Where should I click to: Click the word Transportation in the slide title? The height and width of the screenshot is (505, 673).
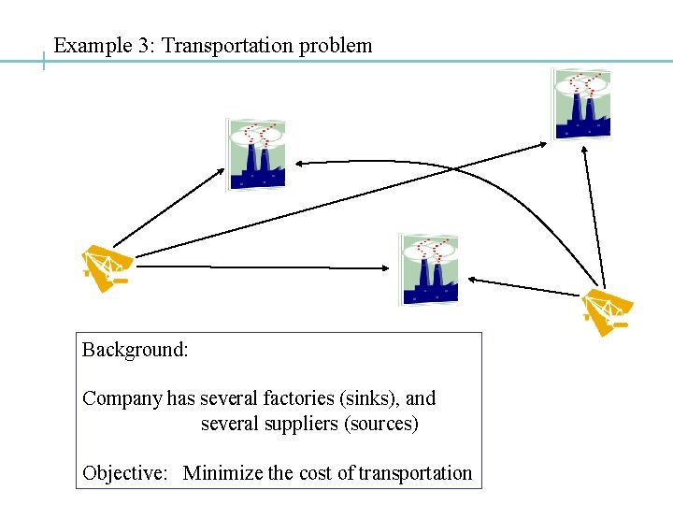(228, 45)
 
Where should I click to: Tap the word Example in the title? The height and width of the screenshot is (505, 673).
(90, 45)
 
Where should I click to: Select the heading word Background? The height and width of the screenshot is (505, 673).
(136, 350)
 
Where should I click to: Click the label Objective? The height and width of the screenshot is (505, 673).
(124, 473)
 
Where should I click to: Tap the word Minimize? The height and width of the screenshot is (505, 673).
(224, 473)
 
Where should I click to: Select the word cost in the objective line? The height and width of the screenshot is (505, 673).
(316, 473)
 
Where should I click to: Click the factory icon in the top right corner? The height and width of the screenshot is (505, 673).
(581, 103)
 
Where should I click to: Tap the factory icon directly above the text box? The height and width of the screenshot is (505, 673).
(429, 268)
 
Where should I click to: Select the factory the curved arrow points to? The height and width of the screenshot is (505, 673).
(256, 154)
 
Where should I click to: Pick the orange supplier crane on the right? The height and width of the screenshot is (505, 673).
(605, 311)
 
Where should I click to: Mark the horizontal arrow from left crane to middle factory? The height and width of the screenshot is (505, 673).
(262, 266)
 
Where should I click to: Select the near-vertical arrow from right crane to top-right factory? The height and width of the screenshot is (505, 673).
(594, 215)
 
